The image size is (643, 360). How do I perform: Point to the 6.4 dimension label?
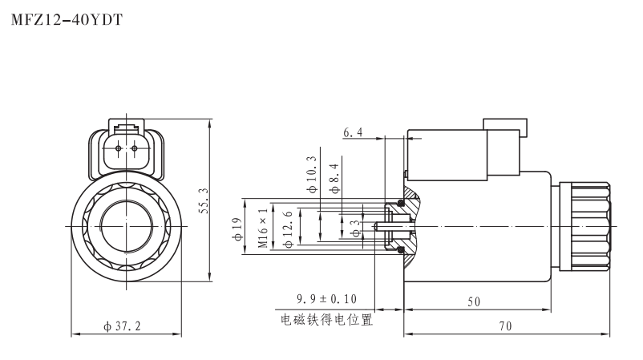(354, 131)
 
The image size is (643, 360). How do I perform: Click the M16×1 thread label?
(263, 228)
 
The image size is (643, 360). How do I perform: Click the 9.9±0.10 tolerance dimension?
(327, 299)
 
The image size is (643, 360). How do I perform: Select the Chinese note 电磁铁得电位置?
(327, 319)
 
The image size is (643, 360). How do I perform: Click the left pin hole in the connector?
(118, 149)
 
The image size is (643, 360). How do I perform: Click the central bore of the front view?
(125, 227)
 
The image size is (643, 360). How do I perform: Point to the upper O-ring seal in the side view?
(401, 201)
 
